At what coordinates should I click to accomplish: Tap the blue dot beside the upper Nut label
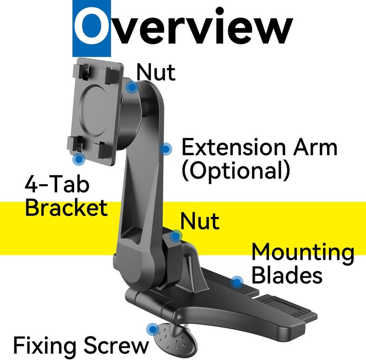(132, 87)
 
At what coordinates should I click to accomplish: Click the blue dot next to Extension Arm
(166, 149)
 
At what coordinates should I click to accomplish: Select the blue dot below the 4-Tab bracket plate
(79, 159)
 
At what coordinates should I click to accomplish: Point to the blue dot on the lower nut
(176, 236)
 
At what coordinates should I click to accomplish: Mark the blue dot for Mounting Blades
(237, 282)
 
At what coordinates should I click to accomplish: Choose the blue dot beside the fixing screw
(153, 329)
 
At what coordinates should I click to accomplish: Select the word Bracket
(66, 207)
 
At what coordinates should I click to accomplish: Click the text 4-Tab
(57, 184)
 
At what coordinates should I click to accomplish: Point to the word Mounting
(303, 253)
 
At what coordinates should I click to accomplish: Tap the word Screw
(116, 345)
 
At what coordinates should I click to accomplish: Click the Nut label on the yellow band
(200, 221)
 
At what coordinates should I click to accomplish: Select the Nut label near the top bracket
(156, 72)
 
